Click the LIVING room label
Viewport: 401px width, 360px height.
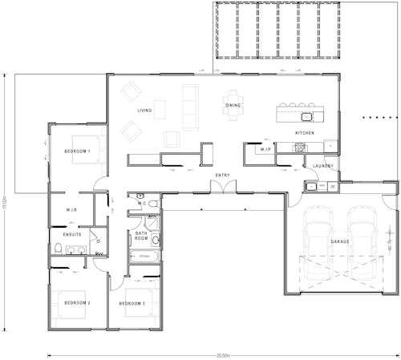tap(144, 111)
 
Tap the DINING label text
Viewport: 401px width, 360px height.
tap(233, 106)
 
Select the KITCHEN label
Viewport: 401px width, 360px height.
tap(305, 132)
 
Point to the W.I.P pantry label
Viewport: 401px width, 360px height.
tap(266, 150)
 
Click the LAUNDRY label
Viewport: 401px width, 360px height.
tap(323, 166)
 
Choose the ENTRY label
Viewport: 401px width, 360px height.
tap(223, 174)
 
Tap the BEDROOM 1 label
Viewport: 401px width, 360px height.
tap(77, 151)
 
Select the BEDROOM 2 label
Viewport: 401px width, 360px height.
tap(77, 303)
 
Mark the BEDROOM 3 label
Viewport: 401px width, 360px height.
tap(132, 303)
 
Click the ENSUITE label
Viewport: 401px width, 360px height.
tap(72, 234)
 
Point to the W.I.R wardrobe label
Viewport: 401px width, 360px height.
tap(71, 210)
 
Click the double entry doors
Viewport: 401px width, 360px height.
tap(223, 187)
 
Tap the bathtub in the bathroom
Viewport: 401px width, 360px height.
tap(144, 257)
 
